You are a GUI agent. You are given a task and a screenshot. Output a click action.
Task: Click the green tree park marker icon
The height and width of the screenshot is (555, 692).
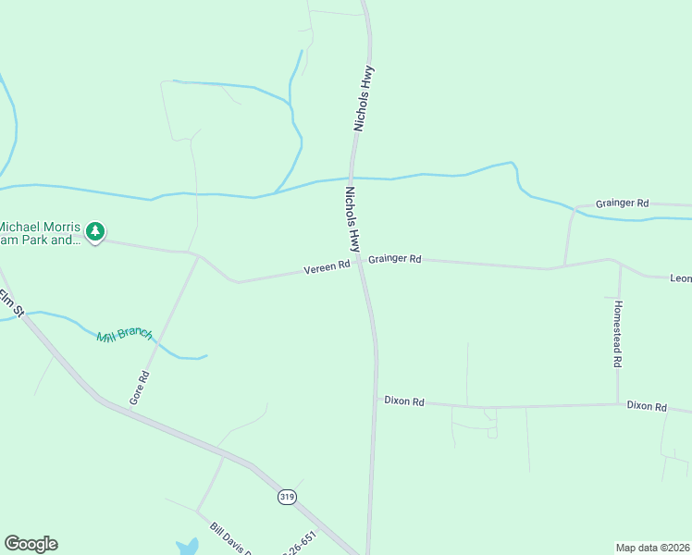(x=95, y=230)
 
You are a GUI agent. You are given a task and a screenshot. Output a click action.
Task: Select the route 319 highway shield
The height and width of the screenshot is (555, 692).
(x=287, y=497)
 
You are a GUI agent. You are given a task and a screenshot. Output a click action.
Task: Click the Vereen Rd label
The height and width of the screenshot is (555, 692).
(x=327, y=267)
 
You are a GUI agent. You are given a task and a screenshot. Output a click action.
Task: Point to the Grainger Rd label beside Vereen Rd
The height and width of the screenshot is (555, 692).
(x=394, y=260)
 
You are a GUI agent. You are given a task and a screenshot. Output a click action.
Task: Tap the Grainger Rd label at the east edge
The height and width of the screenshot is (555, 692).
(x=623, y=203)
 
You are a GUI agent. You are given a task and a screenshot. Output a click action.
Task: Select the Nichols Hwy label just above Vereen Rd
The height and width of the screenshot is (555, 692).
(x=352, y=219)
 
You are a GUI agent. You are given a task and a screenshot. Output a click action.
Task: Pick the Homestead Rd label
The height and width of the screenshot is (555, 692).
(x=617, y=334)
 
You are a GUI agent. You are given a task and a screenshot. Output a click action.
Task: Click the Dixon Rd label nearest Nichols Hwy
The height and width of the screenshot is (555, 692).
(x=404, y=401)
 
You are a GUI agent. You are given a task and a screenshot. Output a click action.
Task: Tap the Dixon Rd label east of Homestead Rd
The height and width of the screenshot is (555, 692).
(x=647, y=406)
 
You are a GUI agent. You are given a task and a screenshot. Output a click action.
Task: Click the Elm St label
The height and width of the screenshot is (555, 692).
(x=11, y=301)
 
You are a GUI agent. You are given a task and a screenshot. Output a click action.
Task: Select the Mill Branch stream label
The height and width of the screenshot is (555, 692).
(x=124, y=334)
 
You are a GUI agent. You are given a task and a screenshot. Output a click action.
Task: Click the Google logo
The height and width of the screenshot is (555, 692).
(x=31, y=544)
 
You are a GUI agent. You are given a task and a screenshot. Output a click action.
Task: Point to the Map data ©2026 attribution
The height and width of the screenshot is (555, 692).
(x=652, y=547)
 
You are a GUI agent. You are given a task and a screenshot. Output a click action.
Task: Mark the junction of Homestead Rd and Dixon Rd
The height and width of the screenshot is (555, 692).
(x=618, y=404)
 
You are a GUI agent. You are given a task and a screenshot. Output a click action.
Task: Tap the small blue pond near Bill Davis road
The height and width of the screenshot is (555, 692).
(x=187, y=547)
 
